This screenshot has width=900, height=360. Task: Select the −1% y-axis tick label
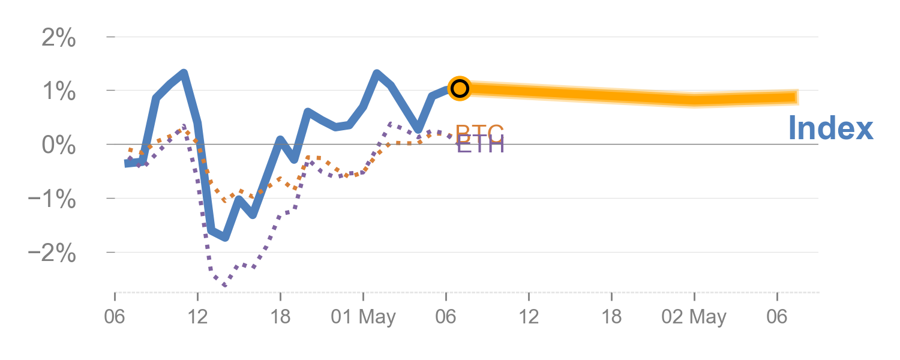point(52,200)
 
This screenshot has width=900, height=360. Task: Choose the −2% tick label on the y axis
point(52,254)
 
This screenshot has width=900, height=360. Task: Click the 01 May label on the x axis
point(363,316)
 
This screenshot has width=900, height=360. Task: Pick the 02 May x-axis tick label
point(694,316)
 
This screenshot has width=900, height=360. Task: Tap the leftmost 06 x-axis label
point(115,316)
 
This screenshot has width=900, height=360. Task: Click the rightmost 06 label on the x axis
point(777,316)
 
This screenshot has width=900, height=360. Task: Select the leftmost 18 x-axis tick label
point(280,316)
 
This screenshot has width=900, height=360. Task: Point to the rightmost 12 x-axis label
point(529,316)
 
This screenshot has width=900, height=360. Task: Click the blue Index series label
point(830,128)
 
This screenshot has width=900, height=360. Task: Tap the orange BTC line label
point(479,131)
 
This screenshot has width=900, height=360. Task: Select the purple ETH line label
point(480,145)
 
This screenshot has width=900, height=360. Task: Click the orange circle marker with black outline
point(459,88)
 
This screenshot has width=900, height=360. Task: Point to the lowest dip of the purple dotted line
point(224,285)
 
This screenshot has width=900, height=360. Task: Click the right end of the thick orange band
point(797,97)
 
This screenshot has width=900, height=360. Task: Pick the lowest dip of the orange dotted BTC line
point(224,200)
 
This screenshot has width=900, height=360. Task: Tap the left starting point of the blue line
point(127,163)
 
